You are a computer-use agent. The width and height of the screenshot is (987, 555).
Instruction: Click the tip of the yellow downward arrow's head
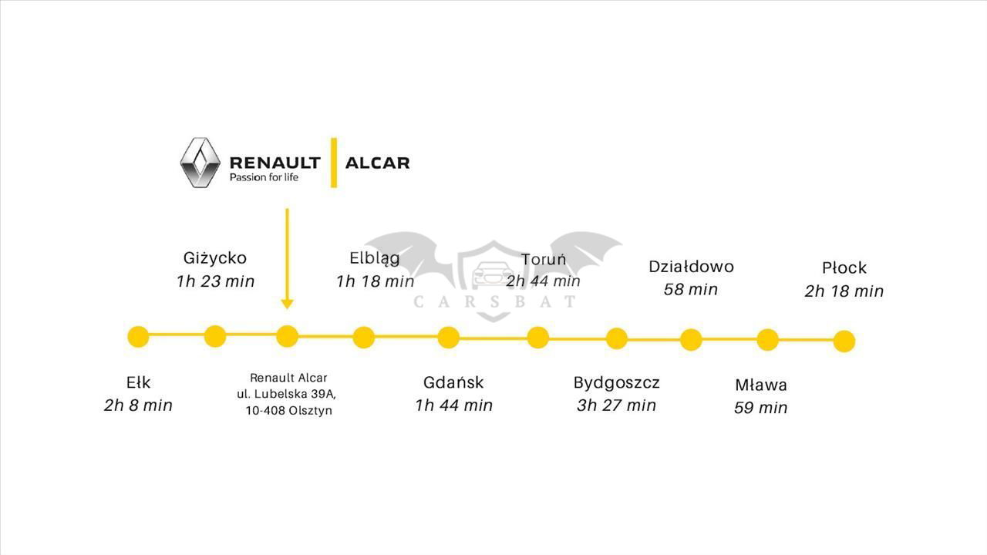[x=288, y=309]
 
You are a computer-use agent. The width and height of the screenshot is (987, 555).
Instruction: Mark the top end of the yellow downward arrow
[x=288, y=209]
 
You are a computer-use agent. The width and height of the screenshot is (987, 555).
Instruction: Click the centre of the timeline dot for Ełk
[x=138, y=337]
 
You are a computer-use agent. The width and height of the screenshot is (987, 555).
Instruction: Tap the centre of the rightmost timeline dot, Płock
[x=844, y=341]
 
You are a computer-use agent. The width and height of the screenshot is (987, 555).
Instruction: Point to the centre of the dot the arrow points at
[x=288, y=337]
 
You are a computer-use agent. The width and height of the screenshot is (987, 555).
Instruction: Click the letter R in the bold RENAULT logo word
[x=237, y=163]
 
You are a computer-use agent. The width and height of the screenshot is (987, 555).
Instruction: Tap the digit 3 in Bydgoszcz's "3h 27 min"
[x=581, y=405]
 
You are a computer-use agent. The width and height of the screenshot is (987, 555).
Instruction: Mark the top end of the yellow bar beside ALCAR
[x=334, y=138]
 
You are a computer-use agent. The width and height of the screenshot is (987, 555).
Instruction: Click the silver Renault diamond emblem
[x=200, y=163]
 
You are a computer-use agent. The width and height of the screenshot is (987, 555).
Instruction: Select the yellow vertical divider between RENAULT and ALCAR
[x=334, y=163]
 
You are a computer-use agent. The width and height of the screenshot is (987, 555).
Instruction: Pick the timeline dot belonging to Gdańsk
[x=449, y=338]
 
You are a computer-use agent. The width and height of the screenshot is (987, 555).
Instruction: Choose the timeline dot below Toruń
[x=538, y=338]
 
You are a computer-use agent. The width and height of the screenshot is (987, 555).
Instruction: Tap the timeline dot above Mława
[x=767, y=340]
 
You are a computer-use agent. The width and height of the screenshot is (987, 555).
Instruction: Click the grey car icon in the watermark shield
[x=492, y=274]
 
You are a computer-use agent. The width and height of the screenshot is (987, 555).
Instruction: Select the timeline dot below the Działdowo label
[x=691, y=340]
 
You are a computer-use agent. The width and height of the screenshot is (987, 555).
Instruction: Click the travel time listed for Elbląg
[x=376, y=281]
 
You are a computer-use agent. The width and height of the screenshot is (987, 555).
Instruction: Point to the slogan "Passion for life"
[x=264, y=177]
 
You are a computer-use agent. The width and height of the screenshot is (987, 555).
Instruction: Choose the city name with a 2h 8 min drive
[x=138, y=382]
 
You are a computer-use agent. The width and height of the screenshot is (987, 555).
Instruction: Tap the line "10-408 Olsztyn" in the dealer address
[x=289, y=411]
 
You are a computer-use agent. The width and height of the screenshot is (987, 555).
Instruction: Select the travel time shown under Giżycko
[x=215, y=281]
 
